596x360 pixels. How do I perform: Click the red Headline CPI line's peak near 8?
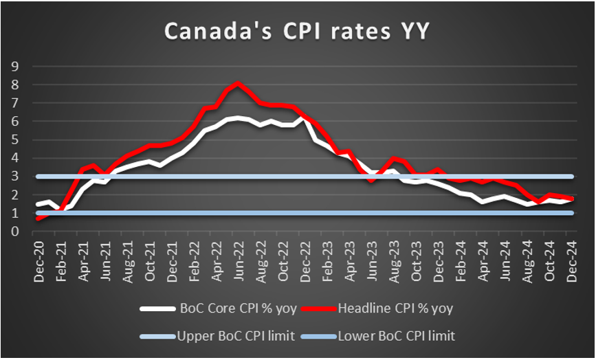(237, 84)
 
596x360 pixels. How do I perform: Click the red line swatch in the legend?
(320, 308)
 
